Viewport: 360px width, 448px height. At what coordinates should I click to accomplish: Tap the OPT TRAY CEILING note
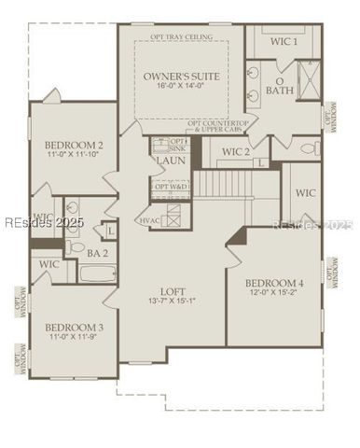pyautogui.click(x=181, y=37)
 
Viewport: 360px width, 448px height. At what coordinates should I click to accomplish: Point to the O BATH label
pyautogui.click(x=279, y=86)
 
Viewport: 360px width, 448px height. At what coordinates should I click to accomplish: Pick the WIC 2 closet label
pyautogui.click(x=234, y=151)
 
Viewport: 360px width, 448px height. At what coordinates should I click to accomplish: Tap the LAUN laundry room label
pyautogui.click(x=170, y=161)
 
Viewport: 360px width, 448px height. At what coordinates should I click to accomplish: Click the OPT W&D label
pyautogui.click(x=171, y=187)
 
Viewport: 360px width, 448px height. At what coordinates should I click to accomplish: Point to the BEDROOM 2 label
pyautogui.click(x=74, y=146)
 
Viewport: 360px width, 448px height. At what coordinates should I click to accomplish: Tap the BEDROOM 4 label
pyautogui.click(x=274, y=283)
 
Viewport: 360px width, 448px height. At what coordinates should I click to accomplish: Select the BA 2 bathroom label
pyautogui.click(x=98, y=252)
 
